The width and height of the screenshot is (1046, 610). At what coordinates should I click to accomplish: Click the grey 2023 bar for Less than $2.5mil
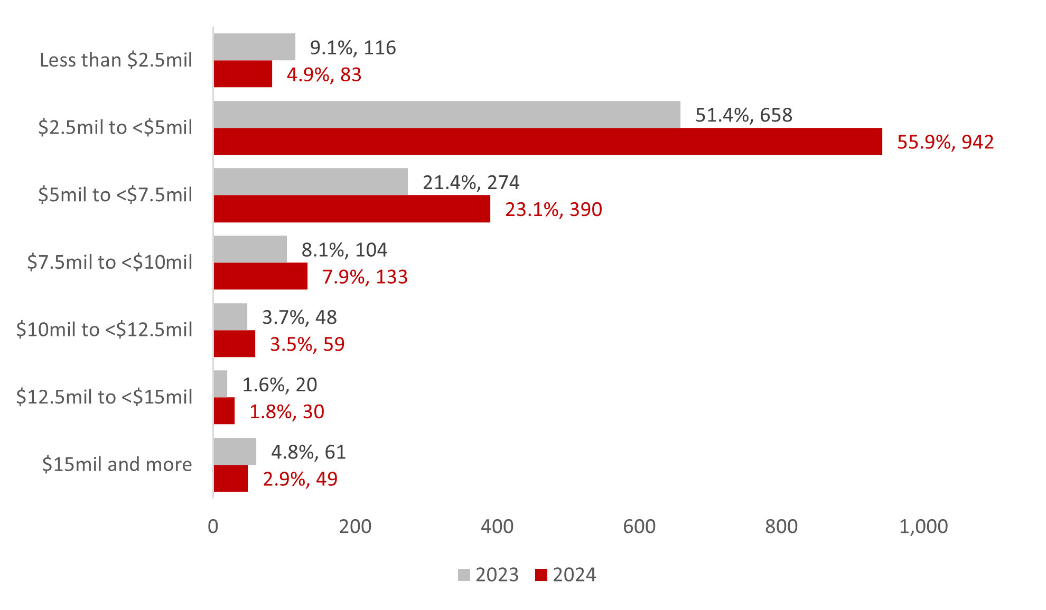(x=254, y=47)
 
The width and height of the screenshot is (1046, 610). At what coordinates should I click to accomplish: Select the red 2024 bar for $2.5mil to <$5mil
(x=548, y=142)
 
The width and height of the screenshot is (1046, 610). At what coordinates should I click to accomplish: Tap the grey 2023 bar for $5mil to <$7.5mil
(x=311, y=182)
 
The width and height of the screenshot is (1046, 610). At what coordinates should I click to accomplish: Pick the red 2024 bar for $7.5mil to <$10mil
(x=260, y=276)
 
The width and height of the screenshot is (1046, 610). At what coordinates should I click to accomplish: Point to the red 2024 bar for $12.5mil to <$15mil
(x=224, y=411)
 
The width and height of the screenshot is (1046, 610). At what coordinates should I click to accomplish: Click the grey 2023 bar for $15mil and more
(x=235, y=452)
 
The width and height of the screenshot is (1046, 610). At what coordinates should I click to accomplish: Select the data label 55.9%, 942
(x=945, y=142)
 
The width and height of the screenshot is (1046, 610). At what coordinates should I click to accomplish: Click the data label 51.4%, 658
(x=743, y=115)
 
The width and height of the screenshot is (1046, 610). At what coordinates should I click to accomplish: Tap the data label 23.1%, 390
(x=553, y=210)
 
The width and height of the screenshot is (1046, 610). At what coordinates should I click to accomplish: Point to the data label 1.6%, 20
(x=279, y=384)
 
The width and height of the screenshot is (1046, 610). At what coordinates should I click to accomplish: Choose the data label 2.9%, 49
(x=300, y=479)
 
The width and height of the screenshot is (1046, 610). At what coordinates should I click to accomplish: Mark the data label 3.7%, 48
(x=299, y=317)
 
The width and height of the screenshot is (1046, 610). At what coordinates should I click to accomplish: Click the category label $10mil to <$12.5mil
(x=104, y=330)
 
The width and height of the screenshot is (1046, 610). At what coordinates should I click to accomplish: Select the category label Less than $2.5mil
(x=116, y=60)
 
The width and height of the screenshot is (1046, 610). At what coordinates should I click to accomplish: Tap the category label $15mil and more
(x=117, y=464)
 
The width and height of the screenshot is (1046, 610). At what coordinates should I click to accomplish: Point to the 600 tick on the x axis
(x=639, y=527)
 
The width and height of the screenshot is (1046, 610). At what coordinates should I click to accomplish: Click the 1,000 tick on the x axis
(x=923, y=527)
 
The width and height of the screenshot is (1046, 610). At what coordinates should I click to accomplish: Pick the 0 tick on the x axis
(x=213, y=527)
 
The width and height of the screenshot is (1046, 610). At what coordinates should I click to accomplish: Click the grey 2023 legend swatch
(x=464, y=575)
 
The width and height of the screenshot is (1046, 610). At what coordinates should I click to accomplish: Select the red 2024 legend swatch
(x=541, y=575)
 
